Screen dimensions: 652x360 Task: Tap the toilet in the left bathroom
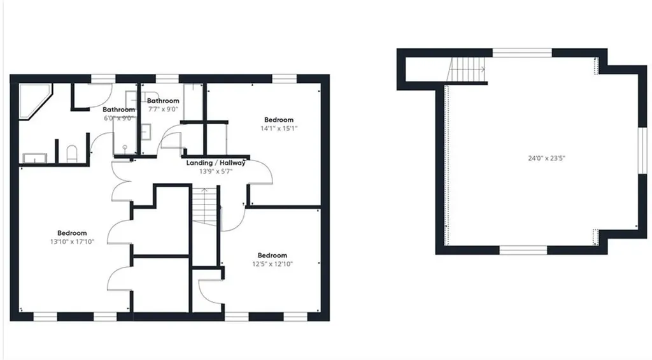(72, 154)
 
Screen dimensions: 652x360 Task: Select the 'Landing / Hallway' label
(216, 162)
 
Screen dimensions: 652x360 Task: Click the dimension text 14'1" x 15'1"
(279, 129)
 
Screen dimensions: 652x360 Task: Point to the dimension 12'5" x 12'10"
(273, 264)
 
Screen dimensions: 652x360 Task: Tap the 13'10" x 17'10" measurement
(72, 241)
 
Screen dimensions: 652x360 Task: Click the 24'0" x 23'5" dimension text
(546, 158)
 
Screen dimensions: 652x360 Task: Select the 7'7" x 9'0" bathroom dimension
(163, 109)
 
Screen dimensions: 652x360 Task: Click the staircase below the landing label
(204, 206)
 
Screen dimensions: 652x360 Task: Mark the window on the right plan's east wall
(643, 150)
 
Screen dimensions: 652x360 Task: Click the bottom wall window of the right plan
(523, 250)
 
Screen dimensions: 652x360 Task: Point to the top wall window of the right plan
(522, 52)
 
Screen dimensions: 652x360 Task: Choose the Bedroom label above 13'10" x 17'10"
(72, 233)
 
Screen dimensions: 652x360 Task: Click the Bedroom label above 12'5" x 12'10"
(273, 255)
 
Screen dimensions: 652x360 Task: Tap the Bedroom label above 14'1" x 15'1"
(279, 120)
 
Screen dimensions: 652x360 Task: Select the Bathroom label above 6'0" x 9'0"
(119, 110)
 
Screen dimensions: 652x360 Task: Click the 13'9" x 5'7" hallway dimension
(216, 171)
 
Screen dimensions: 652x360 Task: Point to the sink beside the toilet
(35, 158)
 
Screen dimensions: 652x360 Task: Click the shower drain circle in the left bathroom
(125, 147)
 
